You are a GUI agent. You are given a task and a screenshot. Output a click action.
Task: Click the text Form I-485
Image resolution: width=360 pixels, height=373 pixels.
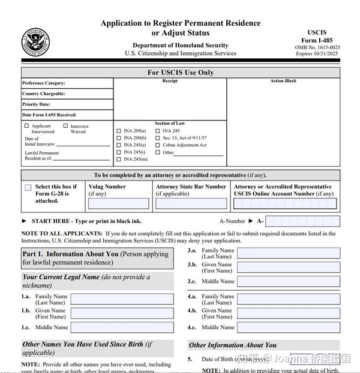click(x=317, y=40)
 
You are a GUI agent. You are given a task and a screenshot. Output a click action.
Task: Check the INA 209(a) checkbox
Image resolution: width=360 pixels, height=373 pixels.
click(x=118, y=131)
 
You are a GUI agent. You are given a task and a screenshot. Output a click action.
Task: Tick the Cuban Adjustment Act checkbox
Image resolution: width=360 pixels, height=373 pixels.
click(x=158, y=145)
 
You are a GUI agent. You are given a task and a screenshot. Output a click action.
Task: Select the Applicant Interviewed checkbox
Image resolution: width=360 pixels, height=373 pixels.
click(x=26, y=126)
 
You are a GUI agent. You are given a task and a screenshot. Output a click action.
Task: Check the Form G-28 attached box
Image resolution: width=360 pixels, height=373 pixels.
click(x=28, y=188)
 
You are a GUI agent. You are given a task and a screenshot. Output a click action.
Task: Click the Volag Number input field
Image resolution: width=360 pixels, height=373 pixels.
click(x=118, y=203)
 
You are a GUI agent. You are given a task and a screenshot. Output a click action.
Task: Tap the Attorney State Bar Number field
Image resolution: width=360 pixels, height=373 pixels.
click(x=191, y=203)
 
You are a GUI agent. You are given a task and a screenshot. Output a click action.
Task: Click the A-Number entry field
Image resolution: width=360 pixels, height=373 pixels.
click(x=302, y=221)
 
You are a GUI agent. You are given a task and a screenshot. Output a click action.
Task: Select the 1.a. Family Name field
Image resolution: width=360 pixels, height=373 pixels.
click(x=122, y=299)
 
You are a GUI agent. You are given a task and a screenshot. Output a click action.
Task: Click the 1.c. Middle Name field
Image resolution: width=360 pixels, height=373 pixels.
click(x=122, y=327)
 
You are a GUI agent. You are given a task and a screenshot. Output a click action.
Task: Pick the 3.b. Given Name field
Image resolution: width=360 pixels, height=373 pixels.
click(x=289, y=267)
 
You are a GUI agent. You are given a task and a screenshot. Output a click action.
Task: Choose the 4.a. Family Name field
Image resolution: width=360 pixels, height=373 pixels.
click(x=289, y=299)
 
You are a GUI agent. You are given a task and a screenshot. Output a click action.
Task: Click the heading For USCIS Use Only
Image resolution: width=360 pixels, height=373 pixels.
click(x=181, y=73)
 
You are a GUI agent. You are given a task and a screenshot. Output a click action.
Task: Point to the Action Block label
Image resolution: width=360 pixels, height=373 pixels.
click(x=283, y=81)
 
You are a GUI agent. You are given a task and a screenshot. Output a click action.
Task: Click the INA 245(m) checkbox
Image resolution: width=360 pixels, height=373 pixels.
click(x=118, y=160)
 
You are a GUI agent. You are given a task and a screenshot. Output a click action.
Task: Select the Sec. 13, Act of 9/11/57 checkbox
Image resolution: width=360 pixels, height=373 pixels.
click(x=158, y=138)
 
